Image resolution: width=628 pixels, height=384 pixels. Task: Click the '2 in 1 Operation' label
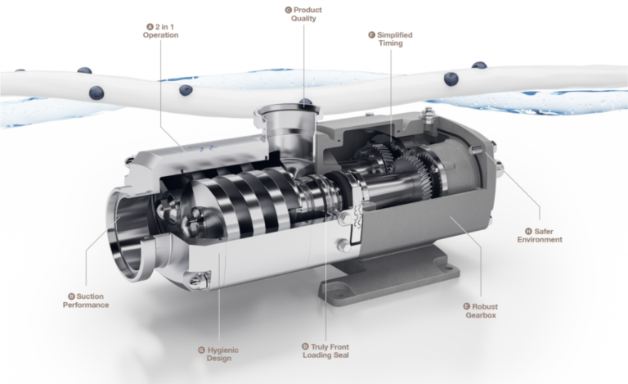coord(159,30)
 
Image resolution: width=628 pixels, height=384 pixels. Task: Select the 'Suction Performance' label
coord(86,300)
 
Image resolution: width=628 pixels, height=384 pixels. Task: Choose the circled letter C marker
coord(288,10)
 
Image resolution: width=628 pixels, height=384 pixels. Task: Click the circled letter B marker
coord(71,296)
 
